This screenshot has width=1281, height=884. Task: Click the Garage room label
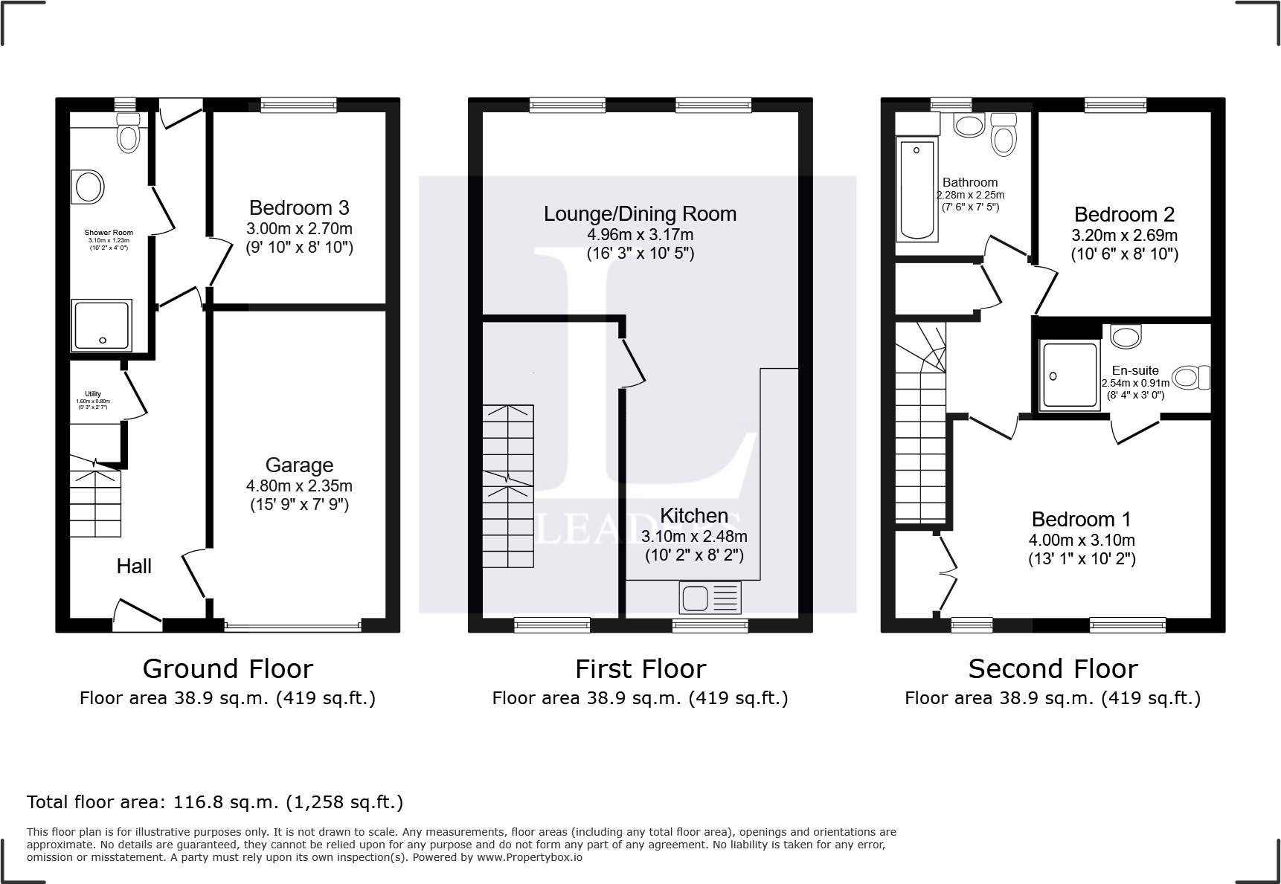pyautogui.click(x=299, y=465)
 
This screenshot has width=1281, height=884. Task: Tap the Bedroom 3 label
pyautogui.click(x=299, y=207)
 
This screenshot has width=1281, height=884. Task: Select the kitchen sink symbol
pyautogui.click(x=710, y=597)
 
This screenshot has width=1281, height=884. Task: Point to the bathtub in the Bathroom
pyautogui.click(x=917, y=190)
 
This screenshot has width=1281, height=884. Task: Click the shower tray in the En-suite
pyautogui.click(x=1070, y=376)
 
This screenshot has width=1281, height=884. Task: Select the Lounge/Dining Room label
pyautogui.click(x=640, y=214)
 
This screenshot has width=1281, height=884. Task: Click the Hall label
pyautogui.click(x=134, y=567)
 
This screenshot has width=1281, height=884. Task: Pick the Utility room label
pyautogui.click(x=93, y=394)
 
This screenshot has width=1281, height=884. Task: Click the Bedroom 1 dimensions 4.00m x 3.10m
pyautogui.click(x=1082, y=541)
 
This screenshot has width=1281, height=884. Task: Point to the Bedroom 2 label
pyautogui.click(x=1124, y=215)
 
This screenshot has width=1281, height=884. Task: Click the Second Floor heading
pyautogui.click(x=1053, y=669)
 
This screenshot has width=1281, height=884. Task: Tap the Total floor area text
pyautogui.click(x=215, y=802)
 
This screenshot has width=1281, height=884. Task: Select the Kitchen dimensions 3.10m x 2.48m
pyautogui.click(x=695, y=536)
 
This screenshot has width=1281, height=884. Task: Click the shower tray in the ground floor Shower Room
pyautogui.click(x=102, y=325)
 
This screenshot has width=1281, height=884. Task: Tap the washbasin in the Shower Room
pyautogui.click(x=88, y=187)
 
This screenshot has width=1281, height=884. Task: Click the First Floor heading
pyautogui.click(x=640, y=669)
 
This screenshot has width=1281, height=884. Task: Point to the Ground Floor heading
pyautogui.click(x=228, y=669)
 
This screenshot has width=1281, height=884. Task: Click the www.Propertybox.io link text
pyautogui.click(x=530, y=857)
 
